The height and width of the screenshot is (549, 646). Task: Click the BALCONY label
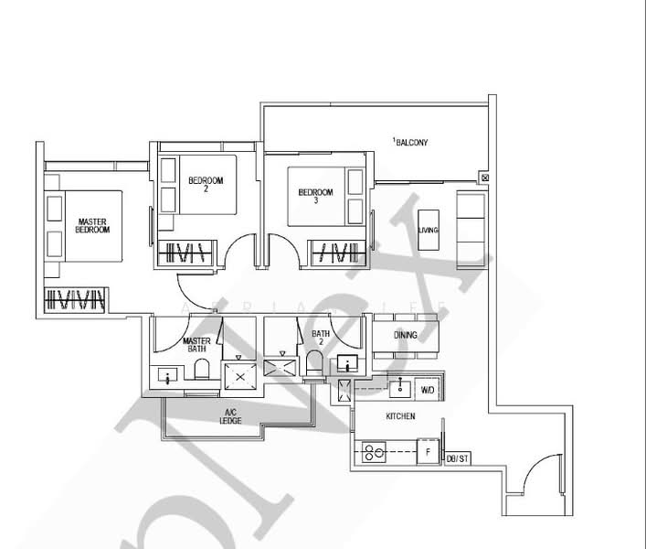click(411, 143)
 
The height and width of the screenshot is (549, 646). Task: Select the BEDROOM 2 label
click(200, 185)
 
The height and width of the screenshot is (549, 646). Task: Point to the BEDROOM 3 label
click(315, 196)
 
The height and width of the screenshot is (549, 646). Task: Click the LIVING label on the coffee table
click(428, 230)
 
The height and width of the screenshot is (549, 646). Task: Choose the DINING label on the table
click(406, 335)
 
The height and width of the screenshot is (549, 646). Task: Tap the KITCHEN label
click(400, 416)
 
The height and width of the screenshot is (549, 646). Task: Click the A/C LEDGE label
click(230, 417)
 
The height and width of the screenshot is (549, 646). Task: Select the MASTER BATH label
click(197, 344)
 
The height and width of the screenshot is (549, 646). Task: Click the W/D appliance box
click(428, 391)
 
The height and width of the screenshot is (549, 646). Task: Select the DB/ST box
click(457, 457)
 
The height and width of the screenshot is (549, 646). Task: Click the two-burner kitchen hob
click(373, 451)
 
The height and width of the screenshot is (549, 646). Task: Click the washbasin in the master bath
click(167, 375)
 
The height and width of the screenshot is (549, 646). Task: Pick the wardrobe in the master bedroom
click(77, 299)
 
